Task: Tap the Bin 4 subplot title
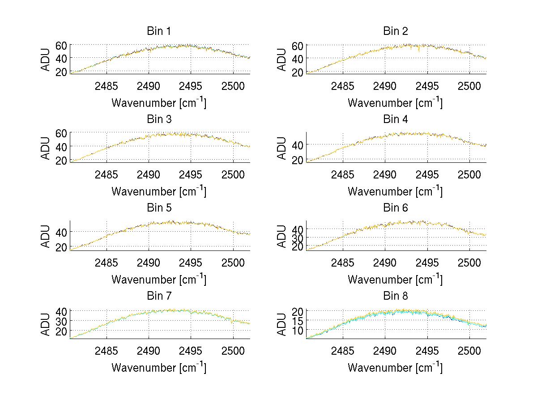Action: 396,119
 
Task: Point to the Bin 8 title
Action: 396,296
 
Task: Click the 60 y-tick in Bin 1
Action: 61,45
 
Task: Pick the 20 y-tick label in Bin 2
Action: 298,72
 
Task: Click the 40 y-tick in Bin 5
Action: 61,232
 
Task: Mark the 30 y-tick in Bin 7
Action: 61,321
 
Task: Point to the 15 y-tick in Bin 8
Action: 298,320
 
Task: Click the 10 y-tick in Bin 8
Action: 298,330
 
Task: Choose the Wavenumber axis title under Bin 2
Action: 395,103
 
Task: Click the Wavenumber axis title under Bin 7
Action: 158,368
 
